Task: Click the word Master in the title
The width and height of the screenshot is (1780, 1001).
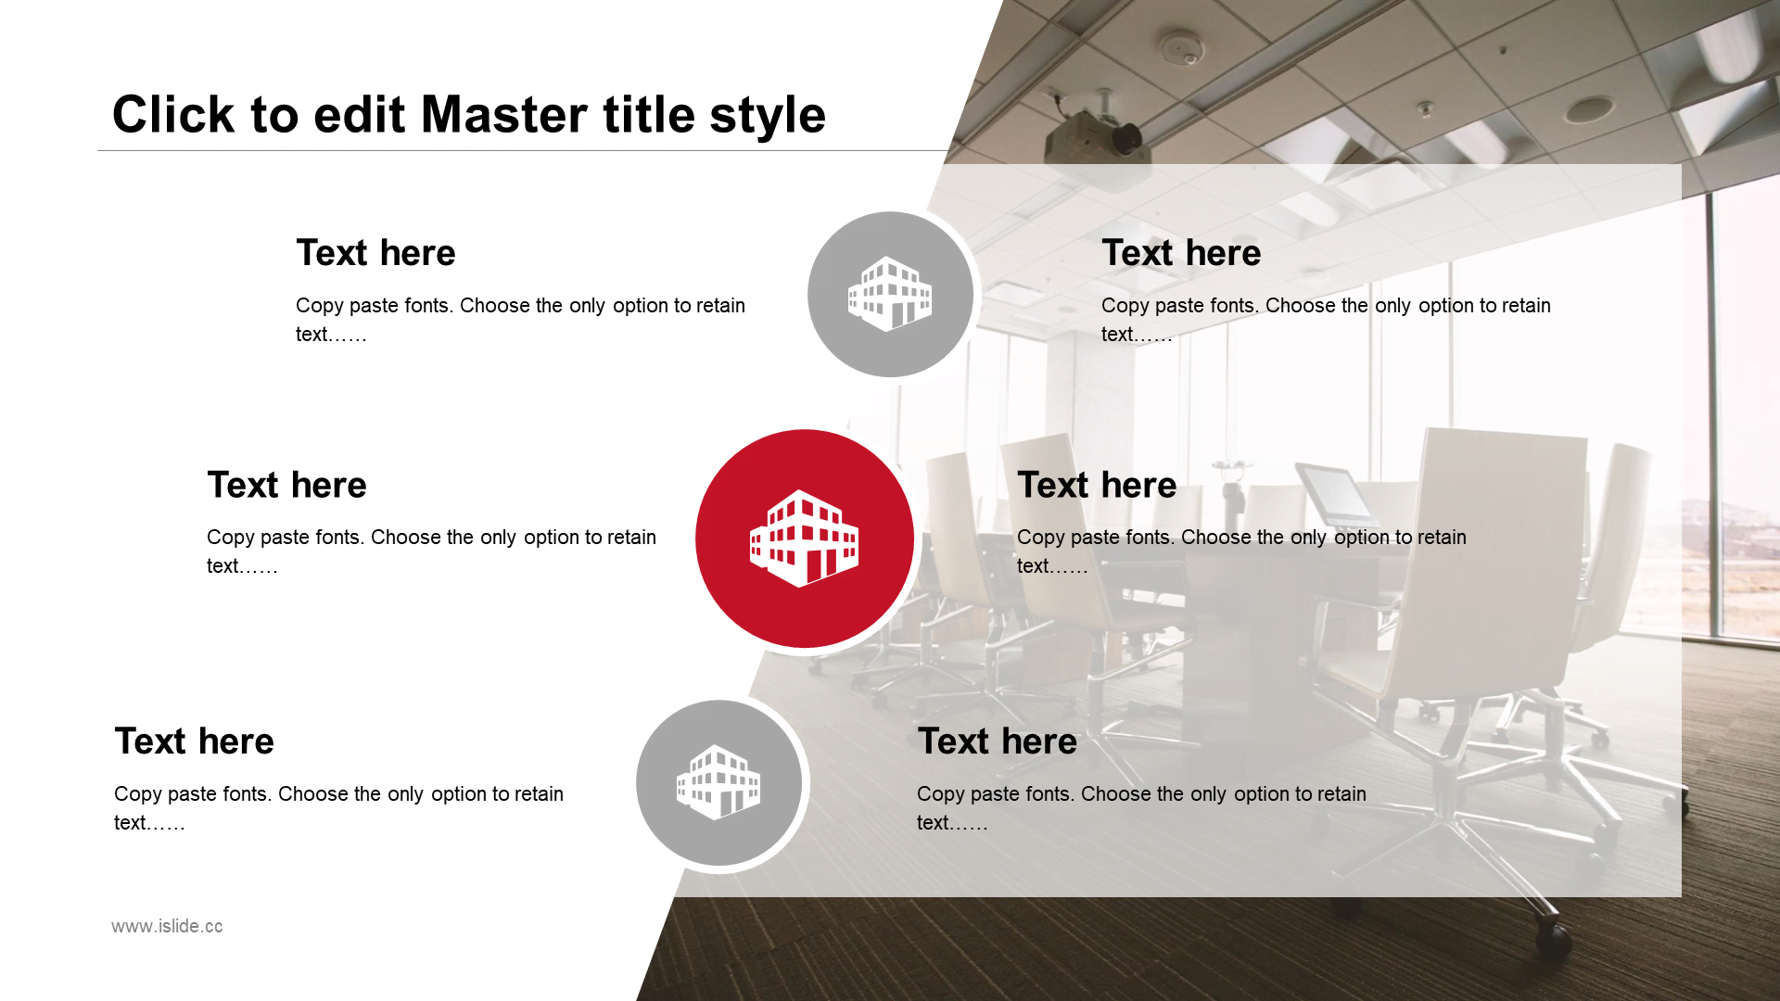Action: (x=504, y=115)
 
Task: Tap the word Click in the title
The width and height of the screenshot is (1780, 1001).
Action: (x=173, y=115)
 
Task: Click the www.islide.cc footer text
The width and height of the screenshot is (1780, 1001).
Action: (x=167, y=926)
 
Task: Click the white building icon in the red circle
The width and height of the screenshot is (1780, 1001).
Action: (x=804, y=539)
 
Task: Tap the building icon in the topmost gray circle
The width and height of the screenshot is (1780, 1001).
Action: (x=890, y=294)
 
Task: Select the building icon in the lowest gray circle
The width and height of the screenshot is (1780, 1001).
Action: (x=718, y=782)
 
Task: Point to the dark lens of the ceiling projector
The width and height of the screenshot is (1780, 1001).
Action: (x=1127, y=140)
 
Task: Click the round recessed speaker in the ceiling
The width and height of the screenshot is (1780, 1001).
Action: (x=1589, y=109)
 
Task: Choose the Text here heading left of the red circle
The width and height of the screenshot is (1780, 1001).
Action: (x=286, y=485)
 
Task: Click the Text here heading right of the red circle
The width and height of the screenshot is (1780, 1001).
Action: (x=1097, y=485)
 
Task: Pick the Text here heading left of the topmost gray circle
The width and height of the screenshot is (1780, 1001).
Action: (x=375, y=253)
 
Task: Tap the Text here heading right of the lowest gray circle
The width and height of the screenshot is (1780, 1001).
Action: (x=998, y=741)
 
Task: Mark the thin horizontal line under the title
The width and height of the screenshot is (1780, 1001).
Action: (x=523, y=150)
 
